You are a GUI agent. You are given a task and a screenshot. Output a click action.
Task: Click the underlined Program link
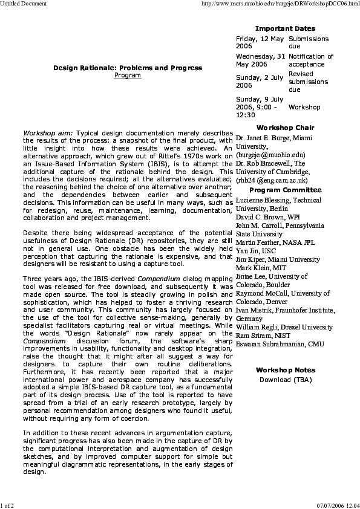(127, 76)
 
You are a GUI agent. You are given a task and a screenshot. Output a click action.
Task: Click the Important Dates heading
(285, 28)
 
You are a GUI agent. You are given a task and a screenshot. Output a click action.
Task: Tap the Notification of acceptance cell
(311, 60)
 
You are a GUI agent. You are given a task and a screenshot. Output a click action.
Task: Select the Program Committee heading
(285, 190)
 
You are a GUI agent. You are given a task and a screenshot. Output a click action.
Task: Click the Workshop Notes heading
(285, 370)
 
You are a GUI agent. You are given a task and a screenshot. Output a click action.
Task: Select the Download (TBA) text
(286, 380)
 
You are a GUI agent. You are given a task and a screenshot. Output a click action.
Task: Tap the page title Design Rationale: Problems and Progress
(127, 68)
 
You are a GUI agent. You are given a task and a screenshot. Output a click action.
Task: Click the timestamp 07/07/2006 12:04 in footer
(338, 505)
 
